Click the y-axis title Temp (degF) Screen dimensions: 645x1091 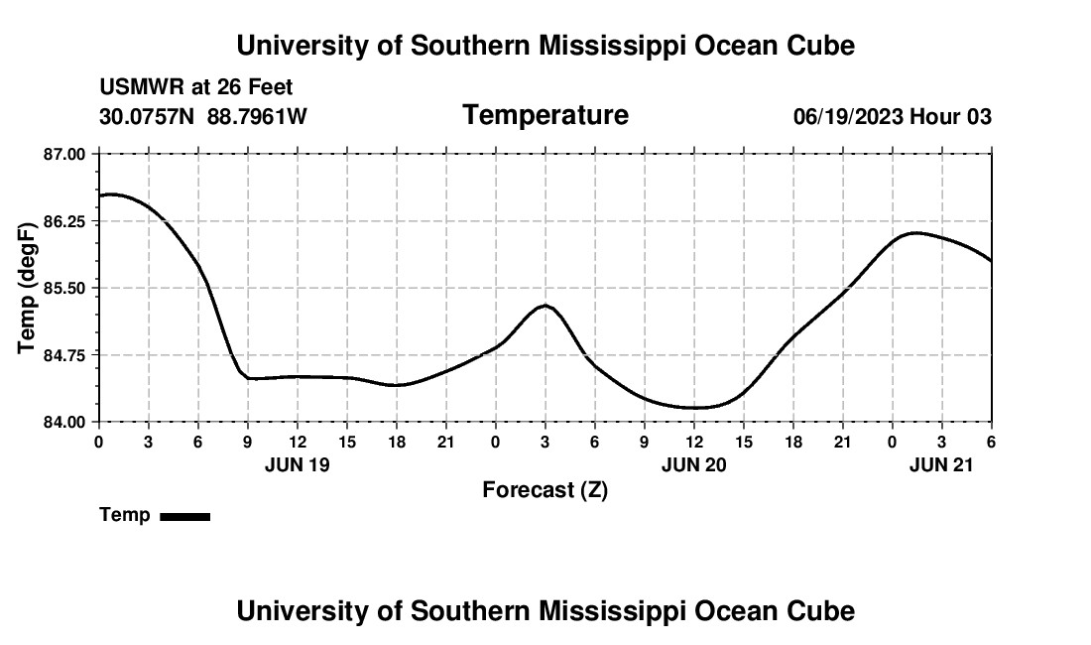[x=28, y=288]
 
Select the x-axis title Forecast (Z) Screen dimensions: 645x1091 [x=545, y=489]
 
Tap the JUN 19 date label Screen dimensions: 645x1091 [x=298, y=463]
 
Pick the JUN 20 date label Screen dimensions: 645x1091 [x=694, y=463]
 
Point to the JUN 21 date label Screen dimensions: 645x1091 [x=942, y=463]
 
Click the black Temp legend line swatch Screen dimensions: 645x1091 [x=185, y=516]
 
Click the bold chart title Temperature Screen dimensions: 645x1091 [x=545, y=115]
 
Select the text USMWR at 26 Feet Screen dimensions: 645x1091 [x=195, y=88]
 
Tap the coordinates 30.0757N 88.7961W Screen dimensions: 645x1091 [x=203, y=117]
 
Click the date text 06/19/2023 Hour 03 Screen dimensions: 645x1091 [x=893, y=117]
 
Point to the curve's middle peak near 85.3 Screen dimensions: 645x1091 [x=545, y=306]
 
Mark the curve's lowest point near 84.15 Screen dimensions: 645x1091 [x=694, y=407]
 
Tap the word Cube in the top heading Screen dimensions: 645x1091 [x=821, y=46]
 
